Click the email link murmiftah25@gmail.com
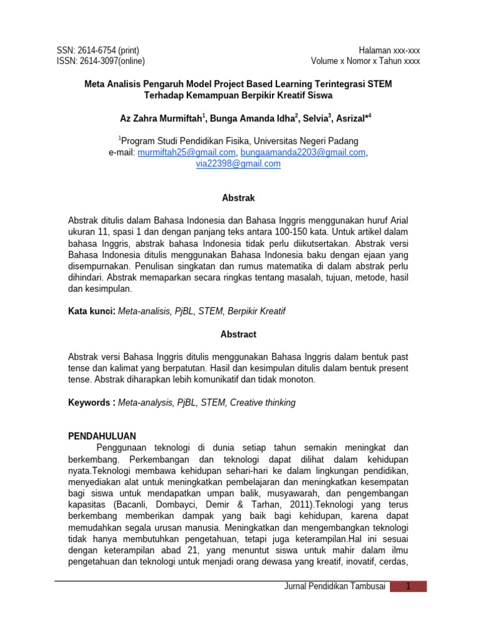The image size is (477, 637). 186,152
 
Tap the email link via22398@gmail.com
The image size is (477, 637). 238,164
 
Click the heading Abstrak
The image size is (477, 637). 238,198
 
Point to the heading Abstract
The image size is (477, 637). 238,334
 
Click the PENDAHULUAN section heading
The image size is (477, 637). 102,435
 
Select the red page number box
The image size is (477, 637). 408,586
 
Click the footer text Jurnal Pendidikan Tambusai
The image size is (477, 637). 334,586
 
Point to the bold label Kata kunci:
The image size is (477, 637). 91,310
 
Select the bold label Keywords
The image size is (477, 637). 89,402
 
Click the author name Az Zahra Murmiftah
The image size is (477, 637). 161,118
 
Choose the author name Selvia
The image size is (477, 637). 316,118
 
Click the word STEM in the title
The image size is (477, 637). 379,84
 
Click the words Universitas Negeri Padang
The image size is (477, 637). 304,141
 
